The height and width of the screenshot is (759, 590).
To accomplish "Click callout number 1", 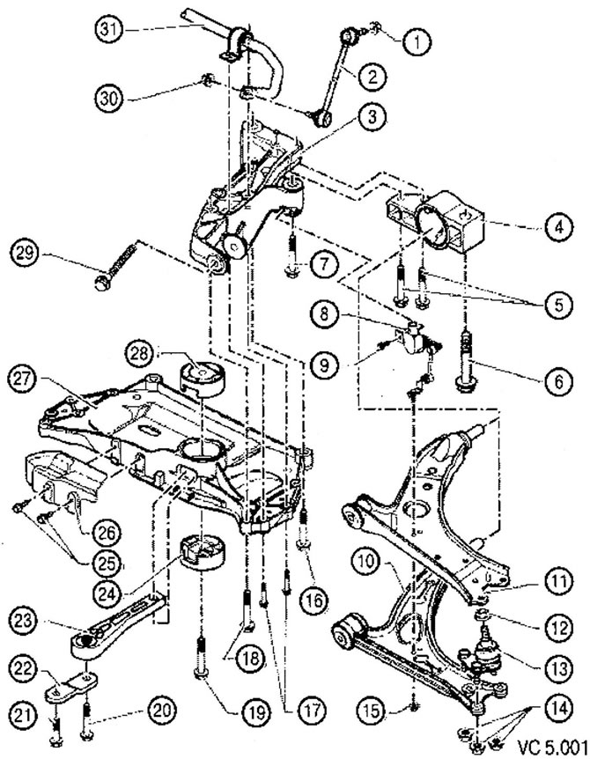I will (412, 38).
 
